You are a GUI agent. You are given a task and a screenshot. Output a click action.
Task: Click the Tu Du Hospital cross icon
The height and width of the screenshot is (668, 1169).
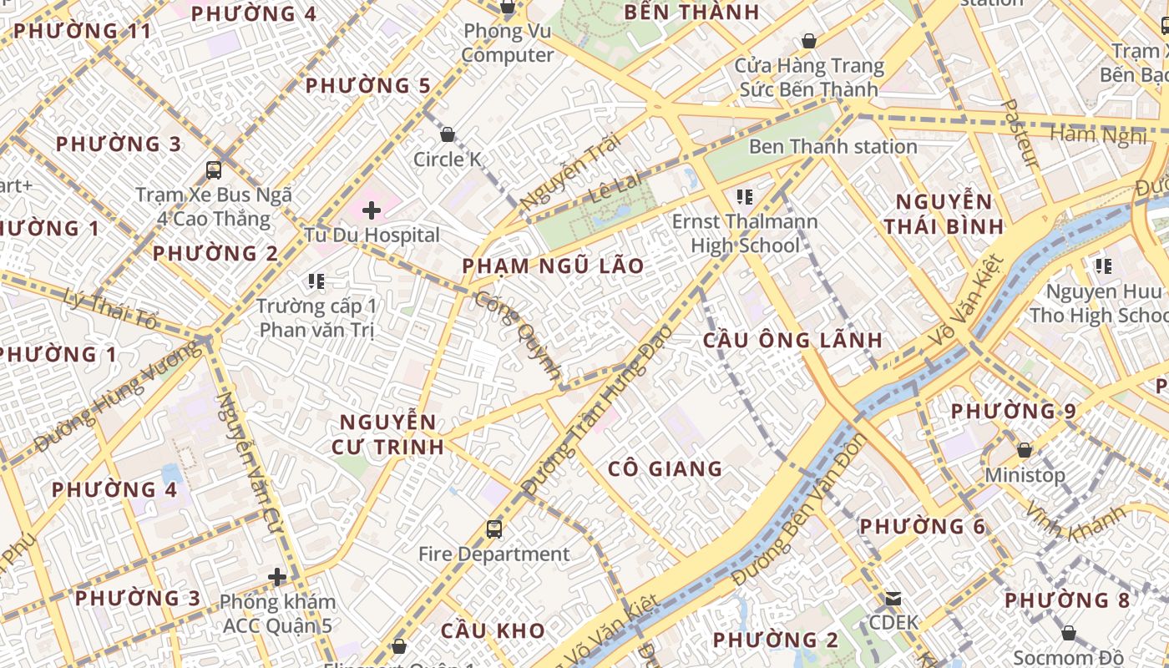(x=372, y=210)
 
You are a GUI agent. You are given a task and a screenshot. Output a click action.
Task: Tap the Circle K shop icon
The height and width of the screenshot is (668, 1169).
(x=448, y=134)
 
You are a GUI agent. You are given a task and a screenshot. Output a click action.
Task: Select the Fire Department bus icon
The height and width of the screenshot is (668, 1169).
(x=494, y=529)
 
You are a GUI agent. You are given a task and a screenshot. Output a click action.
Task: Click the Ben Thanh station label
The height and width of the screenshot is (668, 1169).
(x=832, y=147)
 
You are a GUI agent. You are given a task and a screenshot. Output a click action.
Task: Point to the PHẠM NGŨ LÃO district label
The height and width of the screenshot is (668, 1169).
(x=554, y=266)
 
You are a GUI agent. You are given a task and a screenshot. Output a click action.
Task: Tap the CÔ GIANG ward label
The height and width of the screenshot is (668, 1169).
(x=665, y=468)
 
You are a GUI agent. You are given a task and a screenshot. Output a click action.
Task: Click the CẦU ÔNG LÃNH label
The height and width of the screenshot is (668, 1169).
(x=792, y=340)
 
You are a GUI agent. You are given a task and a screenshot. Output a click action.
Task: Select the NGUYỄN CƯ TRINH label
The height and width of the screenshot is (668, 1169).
(x=387, y=433)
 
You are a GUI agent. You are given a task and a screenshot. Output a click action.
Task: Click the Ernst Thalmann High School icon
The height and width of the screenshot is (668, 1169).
(x=745, y=198)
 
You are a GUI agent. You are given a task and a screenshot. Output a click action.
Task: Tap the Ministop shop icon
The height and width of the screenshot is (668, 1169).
(x=1025, y=450)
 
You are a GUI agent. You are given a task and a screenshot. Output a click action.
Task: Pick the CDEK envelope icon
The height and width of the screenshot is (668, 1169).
(x=893, y=598)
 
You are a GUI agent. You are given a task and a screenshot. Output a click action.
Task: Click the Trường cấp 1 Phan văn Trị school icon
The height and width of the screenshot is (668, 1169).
(x=316, y=281)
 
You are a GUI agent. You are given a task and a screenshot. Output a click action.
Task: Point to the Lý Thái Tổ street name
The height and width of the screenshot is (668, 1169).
(x=111, y=306)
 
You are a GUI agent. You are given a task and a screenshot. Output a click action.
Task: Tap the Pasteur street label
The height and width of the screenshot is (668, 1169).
(x=1020, y=134)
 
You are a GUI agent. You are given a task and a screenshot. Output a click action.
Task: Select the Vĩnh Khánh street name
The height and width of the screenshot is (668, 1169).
(x=1075, y=523)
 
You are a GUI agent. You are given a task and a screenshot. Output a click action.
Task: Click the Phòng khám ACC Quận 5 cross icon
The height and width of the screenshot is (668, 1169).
(x=277, y=577)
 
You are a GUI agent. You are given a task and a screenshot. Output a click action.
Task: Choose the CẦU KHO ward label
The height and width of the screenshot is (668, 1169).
(x=493, y=630)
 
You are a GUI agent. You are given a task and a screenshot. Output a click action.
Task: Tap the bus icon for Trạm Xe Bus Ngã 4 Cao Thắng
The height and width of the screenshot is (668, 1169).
(x=214, y=170)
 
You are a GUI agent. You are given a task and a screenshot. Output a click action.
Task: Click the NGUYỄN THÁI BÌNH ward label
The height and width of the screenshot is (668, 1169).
(x=944, y=214)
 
